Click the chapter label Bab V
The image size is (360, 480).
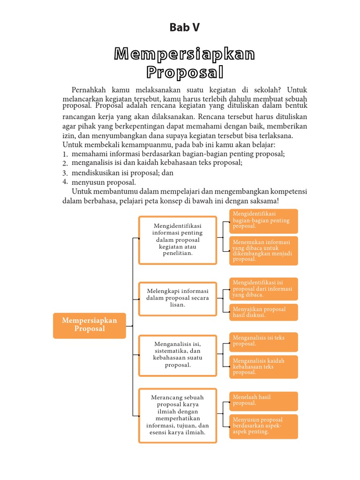[x=185, y=28]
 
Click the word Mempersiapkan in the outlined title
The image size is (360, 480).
[x=185, y=54]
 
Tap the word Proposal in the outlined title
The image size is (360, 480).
[x=185, y=72]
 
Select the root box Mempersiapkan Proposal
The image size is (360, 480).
[x=90, y=325]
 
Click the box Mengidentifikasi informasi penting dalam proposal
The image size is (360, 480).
[x=178, y=240]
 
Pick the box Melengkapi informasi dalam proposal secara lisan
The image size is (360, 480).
[x=178, y=298]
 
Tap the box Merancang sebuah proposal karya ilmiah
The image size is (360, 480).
[x=178, y=415]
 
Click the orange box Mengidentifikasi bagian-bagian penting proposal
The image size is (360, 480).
[x=263, y=221]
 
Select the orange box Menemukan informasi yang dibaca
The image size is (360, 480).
[x=263, y=251]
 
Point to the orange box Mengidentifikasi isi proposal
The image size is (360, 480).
[x=263, y=289]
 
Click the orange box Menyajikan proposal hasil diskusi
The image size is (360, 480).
[x=263, y=312]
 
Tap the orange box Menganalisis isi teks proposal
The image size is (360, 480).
[x=263, y=342]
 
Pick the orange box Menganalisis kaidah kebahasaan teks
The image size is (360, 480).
[x=263, y=367]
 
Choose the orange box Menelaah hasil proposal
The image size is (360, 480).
[x=263, y=401]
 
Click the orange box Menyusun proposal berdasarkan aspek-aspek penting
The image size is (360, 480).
[x=263, y=426]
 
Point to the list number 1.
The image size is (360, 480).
[x=65, y=154]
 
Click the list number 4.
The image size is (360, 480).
[x=65, y=181]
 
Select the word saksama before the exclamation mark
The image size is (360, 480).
[x=263, y=201]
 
